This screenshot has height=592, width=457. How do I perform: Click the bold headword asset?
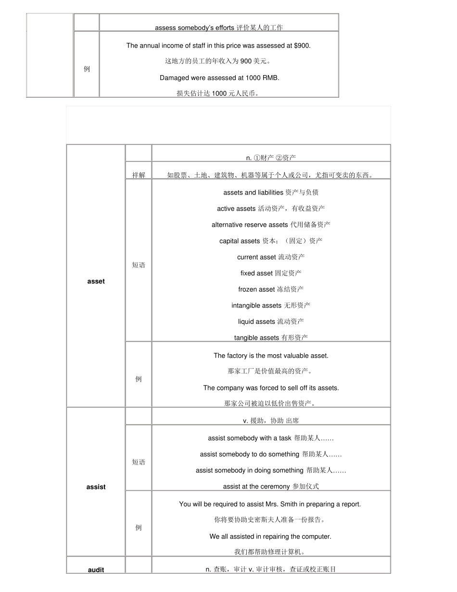tap(96, 282)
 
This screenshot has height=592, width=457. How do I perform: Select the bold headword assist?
tap(96, 487)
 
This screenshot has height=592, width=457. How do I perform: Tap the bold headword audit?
tap(96, 570)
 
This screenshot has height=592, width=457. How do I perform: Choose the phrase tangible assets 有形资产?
tap(271, 338)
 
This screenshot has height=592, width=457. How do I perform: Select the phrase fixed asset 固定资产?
tap(271, 273)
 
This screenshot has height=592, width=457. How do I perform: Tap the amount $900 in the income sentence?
tap(302, 46)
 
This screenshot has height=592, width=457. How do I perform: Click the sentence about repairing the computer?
tap(270, 537)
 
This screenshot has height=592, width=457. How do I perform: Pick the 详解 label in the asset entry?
tap(139, 176)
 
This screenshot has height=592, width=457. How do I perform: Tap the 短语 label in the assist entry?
tap(139, 463)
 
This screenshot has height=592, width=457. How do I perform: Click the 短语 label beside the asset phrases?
tap(139, 265)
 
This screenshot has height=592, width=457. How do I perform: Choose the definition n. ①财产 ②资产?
tap(271, 158)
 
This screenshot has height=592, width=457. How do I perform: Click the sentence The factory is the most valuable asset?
tap(271, 356)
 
